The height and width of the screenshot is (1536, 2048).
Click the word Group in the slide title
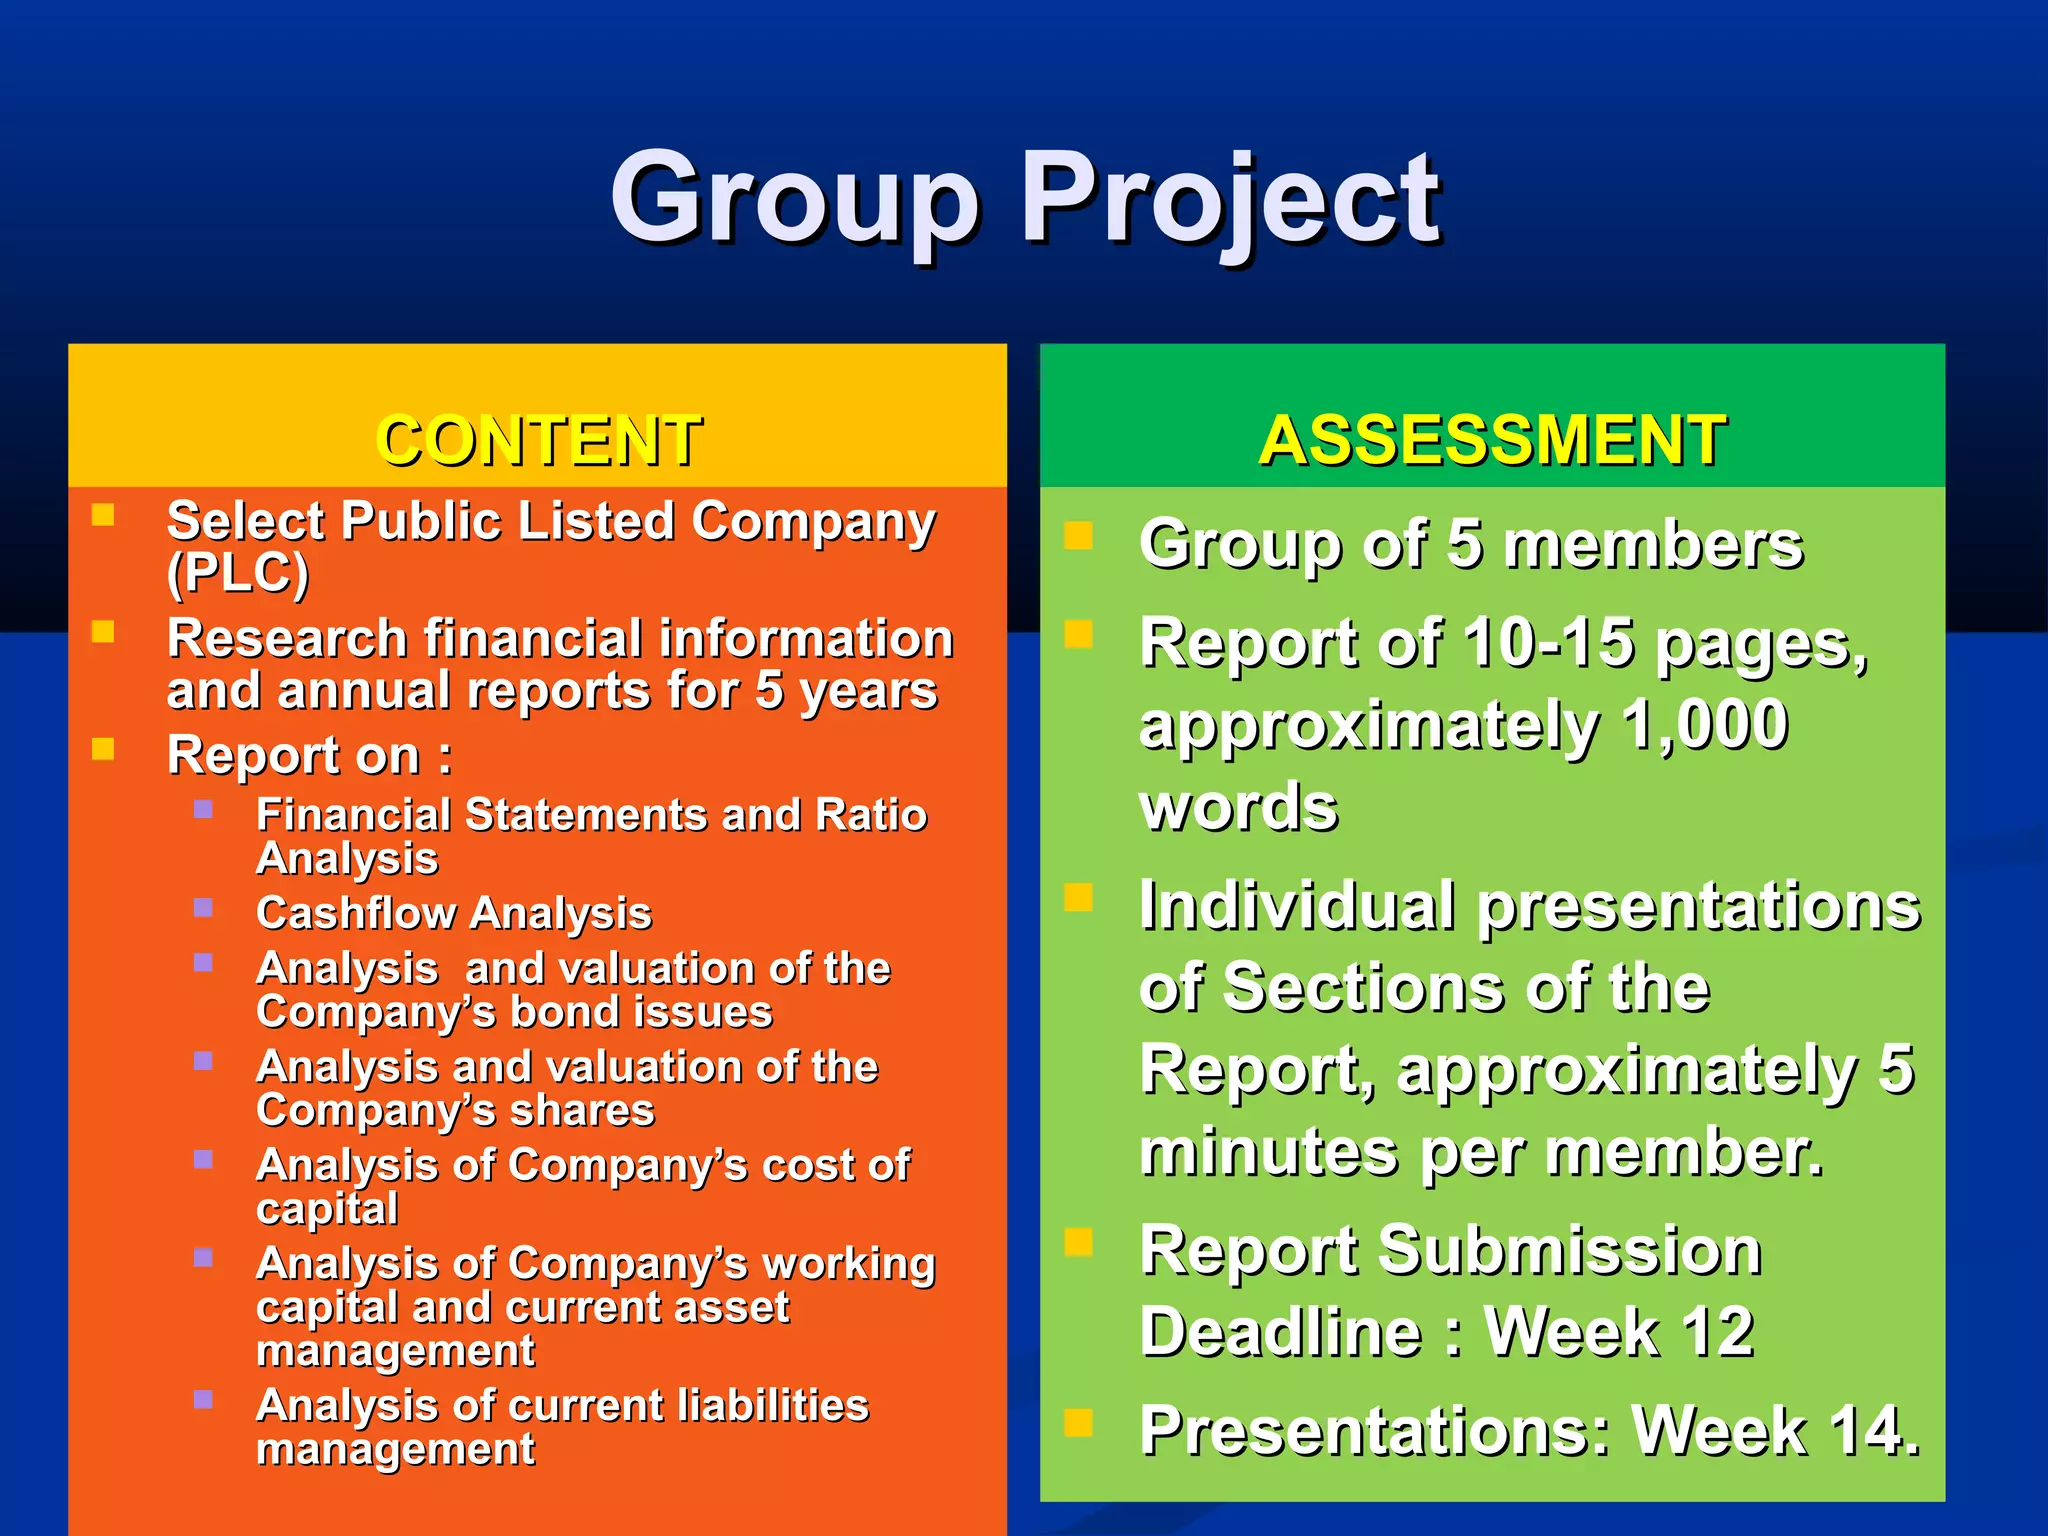[x=795, y=200]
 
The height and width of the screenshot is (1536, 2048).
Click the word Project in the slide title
[x=1230, y=200]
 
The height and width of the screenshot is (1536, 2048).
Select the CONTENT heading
[x=538, y=440]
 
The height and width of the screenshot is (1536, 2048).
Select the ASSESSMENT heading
[x=1492, y=440]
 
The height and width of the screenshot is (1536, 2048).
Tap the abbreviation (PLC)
[x=238, y=573]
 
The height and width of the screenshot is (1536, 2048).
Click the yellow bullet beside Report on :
[x=103, y=749]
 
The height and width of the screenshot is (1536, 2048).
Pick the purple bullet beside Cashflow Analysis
[x=203, y=908]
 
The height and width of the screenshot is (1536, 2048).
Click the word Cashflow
[x=355, y=913]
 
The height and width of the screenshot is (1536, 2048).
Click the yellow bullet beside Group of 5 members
[x=1078, y=536]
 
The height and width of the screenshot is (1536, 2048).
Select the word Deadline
[x=1281, y=1332]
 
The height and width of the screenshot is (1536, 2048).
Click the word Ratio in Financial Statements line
[x=871, y=815]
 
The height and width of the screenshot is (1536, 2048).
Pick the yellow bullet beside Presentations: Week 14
[x=1078, y=1422]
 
